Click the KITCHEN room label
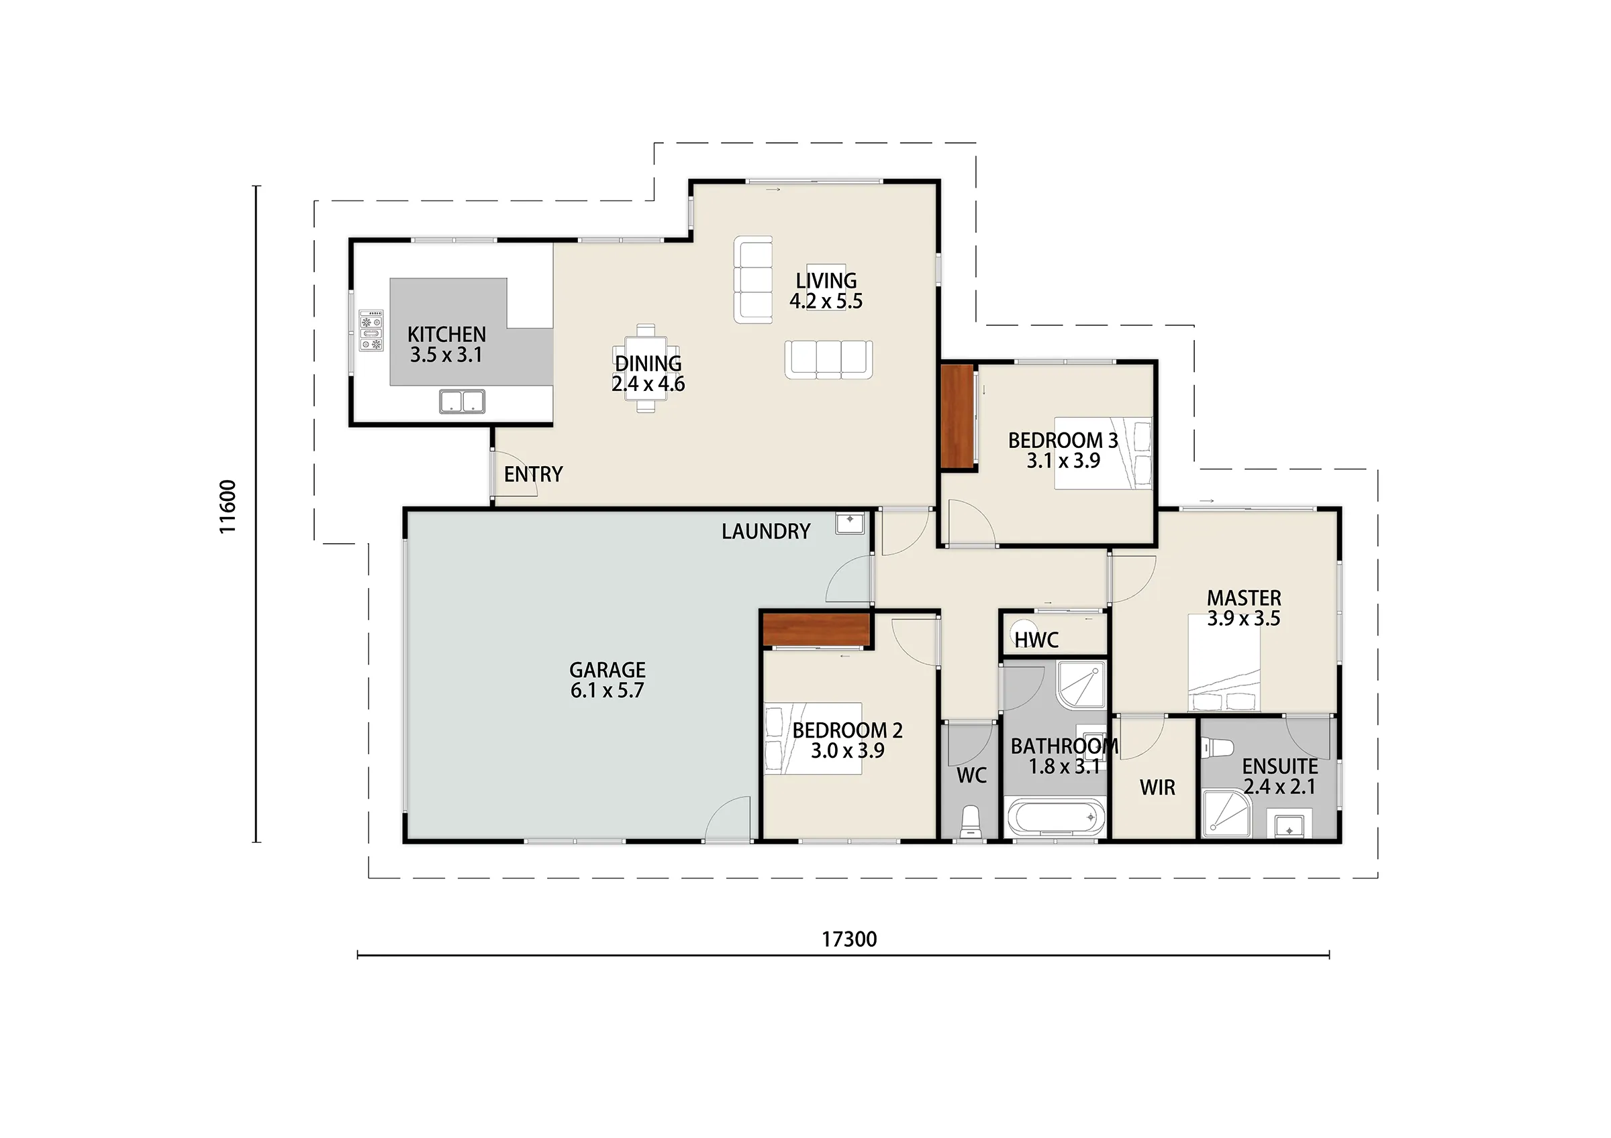tap(446, 335)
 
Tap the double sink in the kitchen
tap(462, 401)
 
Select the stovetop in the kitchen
tap(371, 330)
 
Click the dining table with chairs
tap(646, 367)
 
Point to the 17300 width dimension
tap(849, 939)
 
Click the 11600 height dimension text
tap(228, 507)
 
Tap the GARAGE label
tap(607, 670)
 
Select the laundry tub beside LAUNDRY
tap(850, 524)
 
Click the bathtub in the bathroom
tap(1055, 817)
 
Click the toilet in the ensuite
tap(1219, 748)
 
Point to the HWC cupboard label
tap(1036, 640)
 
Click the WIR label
tap(1157, 788)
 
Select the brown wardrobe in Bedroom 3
tap(957, 416)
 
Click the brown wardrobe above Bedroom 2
tap(816, 630)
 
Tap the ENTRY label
tap(533, 475)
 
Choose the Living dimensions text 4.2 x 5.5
tap(826, 302)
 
